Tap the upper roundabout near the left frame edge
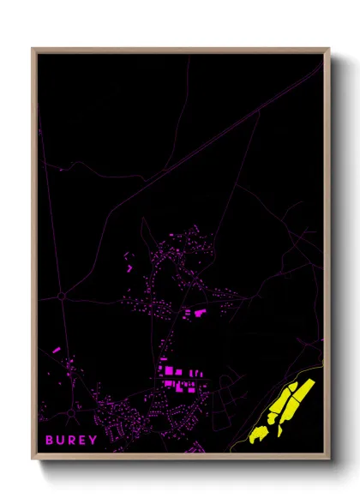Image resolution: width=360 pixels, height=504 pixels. [x=63, y=297]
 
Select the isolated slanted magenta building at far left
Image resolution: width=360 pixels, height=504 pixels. [x=57, y=350]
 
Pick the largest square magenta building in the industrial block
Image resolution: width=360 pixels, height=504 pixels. [x=169, y=370]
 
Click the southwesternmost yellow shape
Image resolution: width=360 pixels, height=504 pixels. [x=256, y=436]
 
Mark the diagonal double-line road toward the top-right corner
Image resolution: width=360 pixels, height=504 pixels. [x=257, y=112]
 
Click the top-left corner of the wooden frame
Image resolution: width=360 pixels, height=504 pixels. [x=34, y=50]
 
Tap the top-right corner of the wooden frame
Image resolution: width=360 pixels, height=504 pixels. [x=327, y=50]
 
